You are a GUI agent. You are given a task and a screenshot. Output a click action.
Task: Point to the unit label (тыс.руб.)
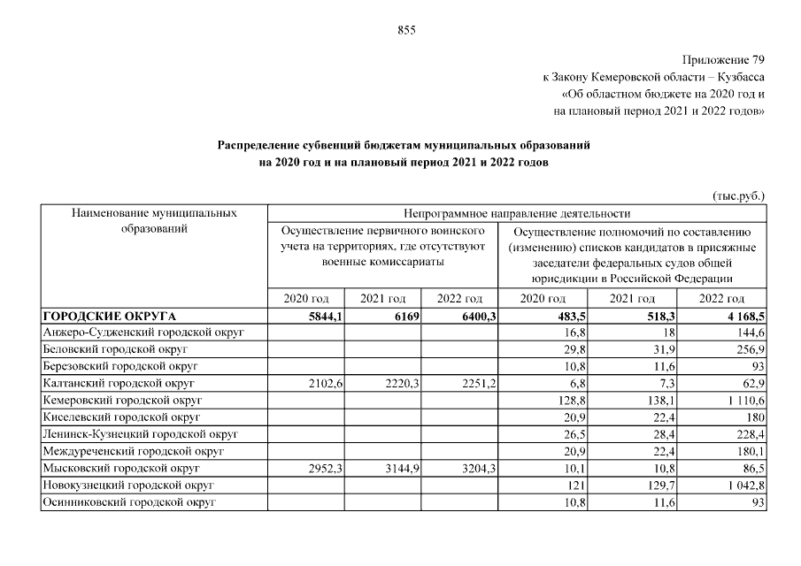[737, 195]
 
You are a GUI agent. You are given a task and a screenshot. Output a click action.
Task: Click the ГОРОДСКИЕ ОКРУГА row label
[110, 316]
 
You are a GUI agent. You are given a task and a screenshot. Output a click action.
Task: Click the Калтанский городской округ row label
[118, 383]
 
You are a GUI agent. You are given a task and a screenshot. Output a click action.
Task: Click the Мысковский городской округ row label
[119, 468]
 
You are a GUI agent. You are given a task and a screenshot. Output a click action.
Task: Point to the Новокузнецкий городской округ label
[128, 485]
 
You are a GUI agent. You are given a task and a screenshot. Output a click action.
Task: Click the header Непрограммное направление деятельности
[517, 213]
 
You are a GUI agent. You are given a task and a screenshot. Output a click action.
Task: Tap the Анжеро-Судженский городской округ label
[142, 333]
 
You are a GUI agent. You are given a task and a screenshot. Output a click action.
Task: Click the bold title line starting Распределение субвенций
[404, 143]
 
